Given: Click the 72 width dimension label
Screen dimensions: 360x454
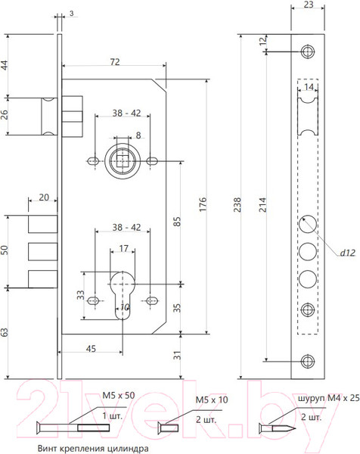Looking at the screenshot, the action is pos(115,62).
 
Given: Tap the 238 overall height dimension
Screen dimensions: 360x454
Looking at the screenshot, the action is pos(237,205).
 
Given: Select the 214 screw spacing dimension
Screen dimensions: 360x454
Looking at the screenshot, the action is pos(262,205).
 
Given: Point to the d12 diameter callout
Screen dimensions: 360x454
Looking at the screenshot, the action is pos(347,253).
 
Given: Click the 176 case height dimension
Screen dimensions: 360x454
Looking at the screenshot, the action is pos(203,204).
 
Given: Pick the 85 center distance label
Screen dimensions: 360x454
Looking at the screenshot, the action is pos(177,222).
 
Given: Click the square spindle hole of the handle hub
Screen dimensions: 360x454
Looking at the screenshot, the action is pos(123,161).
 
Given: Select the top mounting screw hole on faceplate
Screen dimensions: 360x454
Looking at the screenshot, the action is pos(308,51).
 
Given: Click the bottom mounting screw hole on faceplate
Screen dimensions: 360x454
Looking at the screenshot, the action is pos(308,361).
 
